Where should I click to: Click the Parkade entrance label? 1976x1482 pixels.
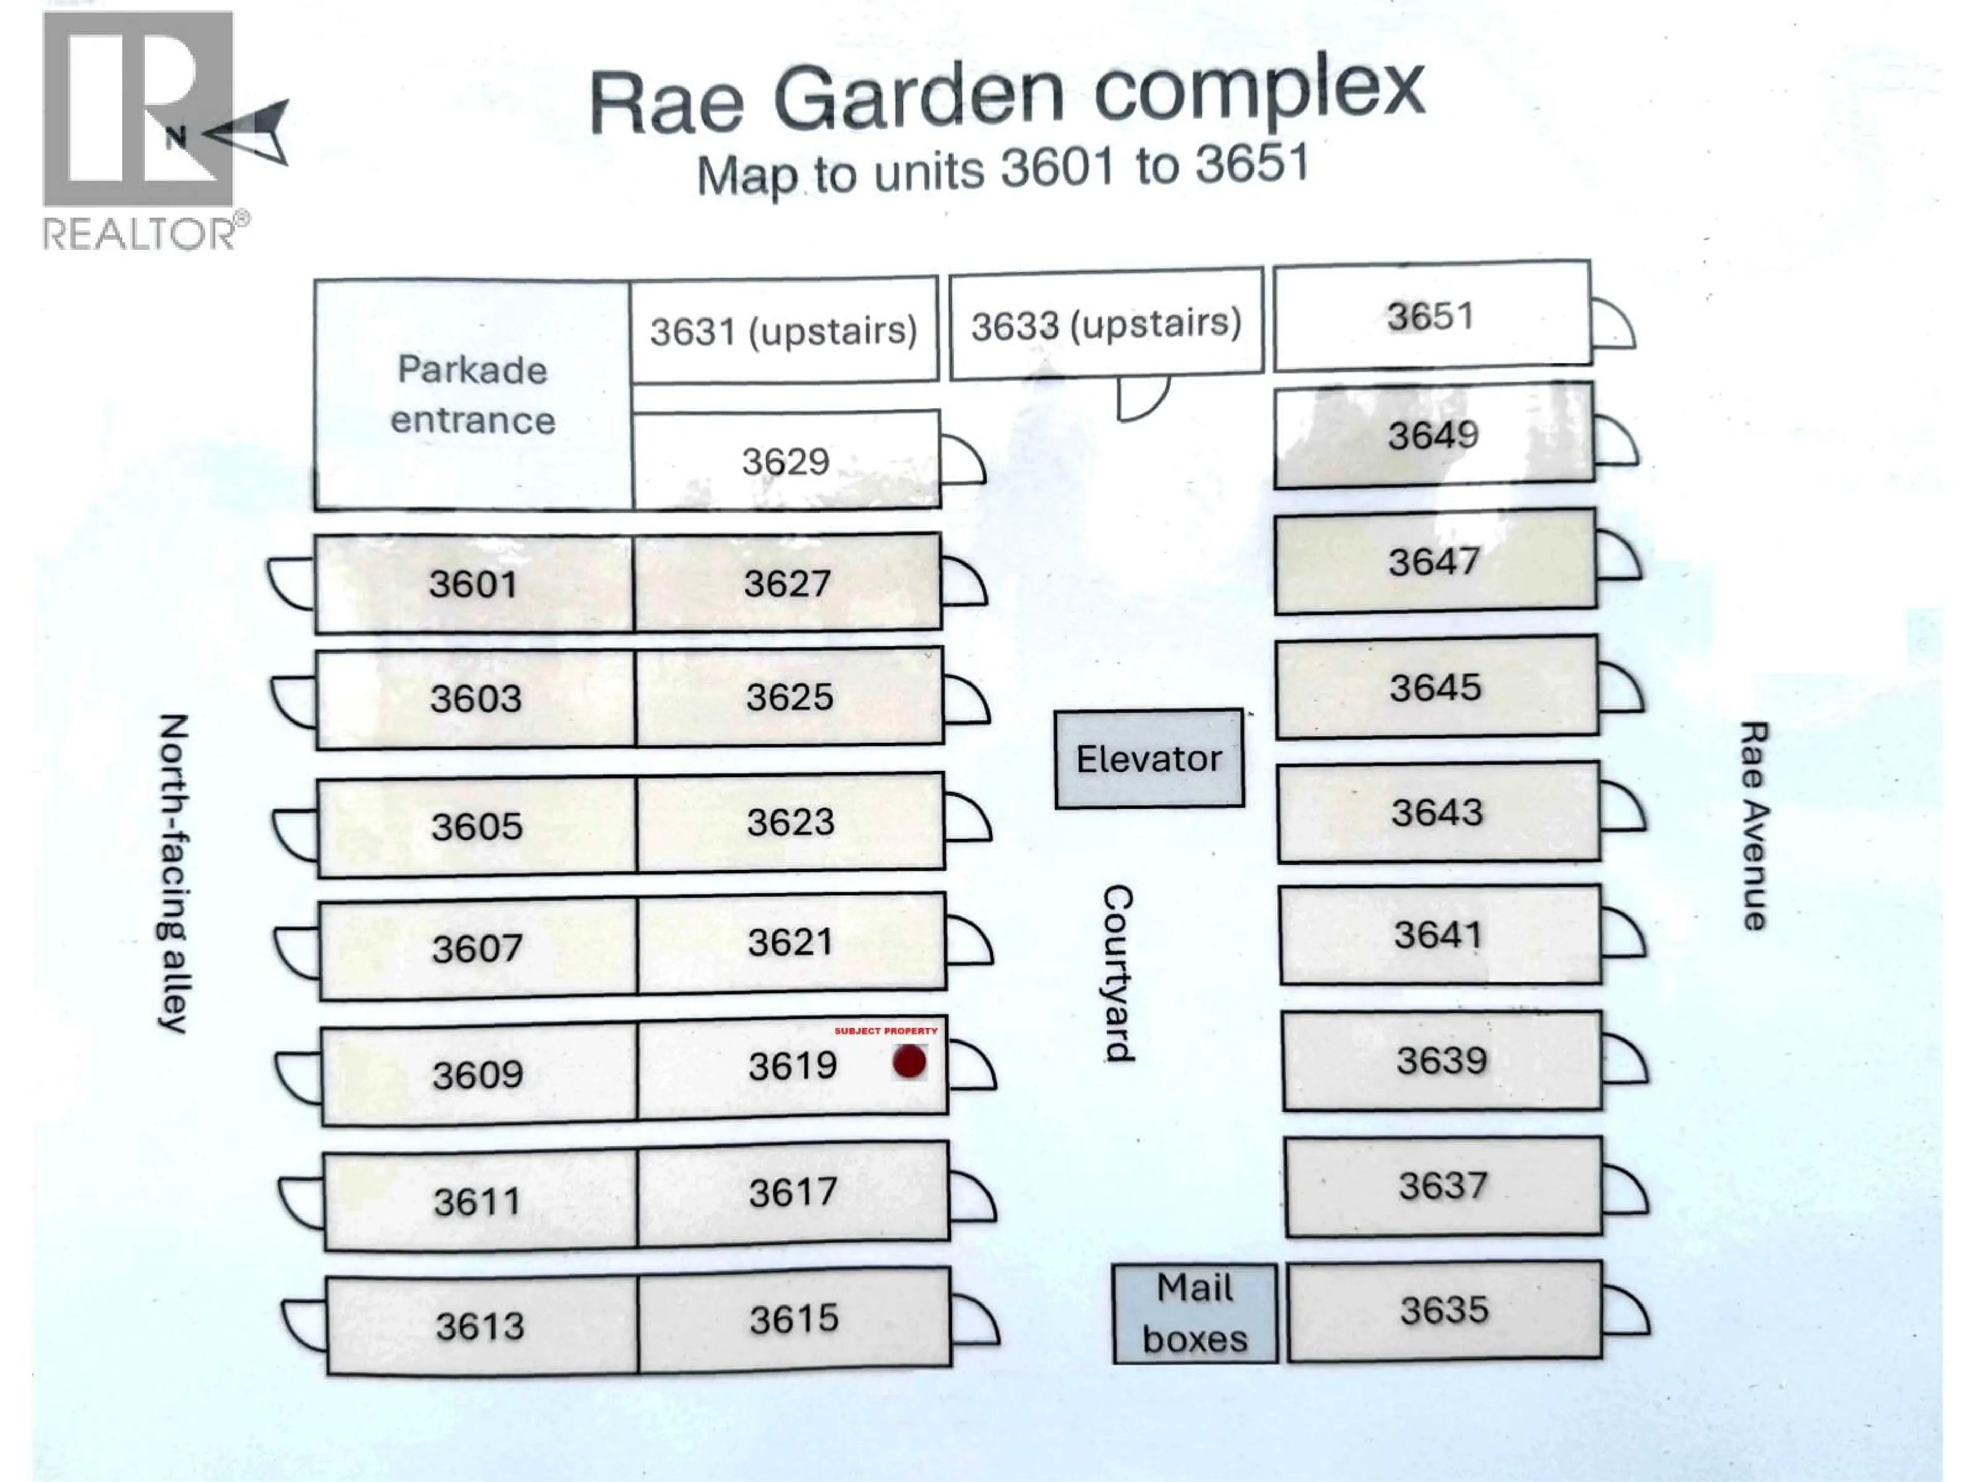click(472, 395)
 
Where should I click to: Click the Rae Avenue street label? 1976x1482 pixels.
click(1754, 826)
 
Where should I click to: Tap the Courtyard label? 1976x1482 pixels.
click(1118, 973)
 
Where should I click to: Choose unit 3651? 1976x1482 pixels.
click(1432, 315)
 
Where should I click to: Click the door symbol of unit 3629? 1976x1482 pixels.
click(963, 460)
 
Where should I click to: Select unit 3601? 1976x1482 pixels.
click(473, 584)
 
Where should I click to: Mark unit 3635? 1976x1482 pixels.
click(1444, 1311)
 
